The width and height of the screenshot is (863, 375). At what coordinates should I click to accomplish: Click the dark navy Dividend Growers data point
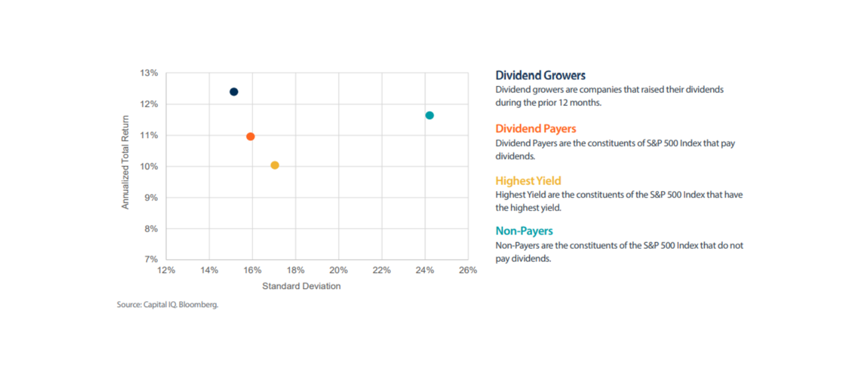[x=234, y=92]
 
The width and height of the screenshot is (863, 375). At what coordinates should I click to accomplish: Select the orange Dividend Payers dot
[x=250, y=137]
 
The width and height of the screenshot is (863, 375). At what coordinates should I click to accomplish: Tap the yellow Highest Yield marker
[x=275, y=165]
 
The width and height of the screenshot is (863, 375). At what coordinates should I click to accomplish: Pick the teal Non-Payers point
[x=430, y=115]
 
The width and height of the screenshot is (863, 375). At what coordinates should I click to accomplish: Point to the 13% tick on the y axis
[x=149, y=73]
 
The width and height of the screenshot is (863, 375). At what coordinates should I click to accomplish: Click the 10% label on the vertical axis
[x=149, y=166]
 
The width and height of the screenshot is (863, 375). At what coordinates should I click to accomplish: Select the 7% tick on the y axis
[x=151, y=259]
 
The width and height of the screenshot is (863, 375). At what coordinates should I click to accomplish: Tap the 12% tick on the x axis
[x=166, y=270]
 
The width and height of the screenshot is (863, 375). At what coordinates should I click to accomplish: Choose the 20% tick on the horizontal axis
[x=338, y=270]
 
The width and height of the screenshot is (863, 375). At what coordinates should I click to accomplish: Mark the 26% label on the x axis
[x=468, y=270]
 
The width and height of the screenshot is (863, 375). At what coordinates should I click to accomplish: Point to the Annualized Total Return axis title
[x=125, y=162]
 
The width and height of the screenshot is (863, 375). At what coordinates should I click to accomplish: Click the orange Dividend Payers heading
[x=535, y=129]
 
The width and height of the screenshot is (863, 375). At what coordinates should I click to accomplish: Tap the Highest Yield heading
[x=528, y=181]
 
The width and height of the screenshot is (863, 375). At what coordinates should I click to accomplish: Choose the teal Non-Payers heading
[x=524, y=231]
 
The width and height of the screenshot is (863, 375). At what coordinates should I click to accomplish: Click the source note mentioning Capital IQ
[x=167, y=305]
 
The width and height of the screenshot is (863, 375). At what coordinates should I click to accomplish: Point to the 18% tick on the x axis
[x=296, y=270]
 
